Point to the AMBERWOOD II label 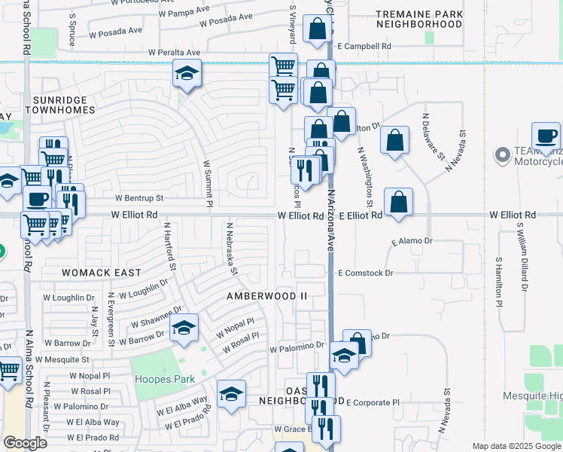[x=267, y=296]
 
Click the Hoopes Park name [x=163, y=379]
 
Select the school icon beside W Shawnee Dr [x=184, y=327]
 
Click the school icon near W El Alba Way [x=231, y=393]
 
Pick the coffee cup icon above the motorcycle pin [x=546, y=136]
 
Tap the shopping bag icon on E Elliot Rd [x=398, y=202]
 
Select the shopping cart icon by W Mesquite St [x=8, y=370]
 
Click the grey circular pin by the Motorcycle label [x=502, y=156]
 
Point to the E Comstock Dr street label [x=366, y=273]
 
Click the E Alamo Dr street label [x=413, y=241]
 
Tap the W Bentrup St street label [x=138, y=199]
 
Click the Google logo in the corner [x=24, y=443]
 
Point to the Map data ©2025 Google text [x=516, y=446]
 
